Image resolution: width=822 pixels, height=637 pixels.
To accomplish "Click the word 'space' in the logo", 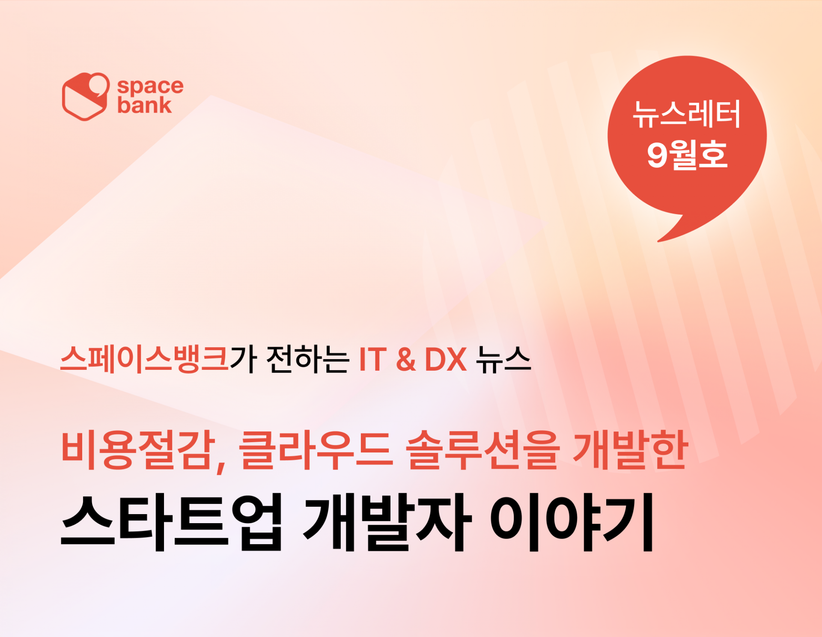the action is coord(150,86).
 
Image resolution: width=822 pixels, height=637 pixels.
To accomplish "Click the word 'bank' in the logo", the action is coord(144,105).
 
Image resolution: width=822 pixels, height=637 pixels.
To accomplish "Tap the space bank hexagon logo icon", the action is coord(86,96).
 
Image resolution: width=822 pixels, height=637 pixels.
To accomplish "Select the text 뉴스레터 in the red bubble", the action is coord(687,114).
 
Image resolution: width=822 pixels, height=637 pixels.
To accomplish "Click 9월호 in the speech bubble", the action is coord(687,155).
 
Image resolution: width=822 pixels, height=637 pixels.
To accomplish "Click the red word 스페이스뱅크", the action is coord(145,359).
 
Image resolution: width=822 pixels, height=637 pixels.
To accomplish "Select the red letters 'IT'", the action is coord(373,360).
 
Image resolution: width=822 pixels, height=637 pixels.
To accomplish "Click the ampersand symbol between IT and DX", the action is coord(406,360).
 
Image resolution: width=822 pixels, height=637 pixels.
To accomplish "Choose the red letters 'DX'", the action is coord(445,360).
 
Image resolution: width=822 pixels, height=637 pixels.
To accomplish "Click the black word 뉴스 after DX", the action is coord(503,359).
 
